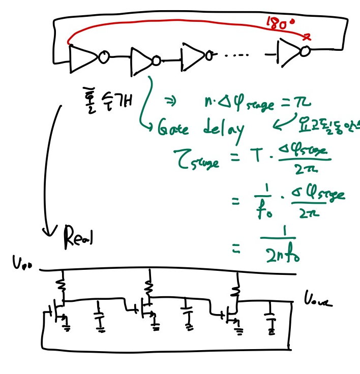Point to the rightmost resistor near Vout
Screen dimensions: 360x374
[x=235, y=286]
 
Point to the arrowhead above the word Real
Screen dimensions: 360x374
[x=49, y=231]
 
